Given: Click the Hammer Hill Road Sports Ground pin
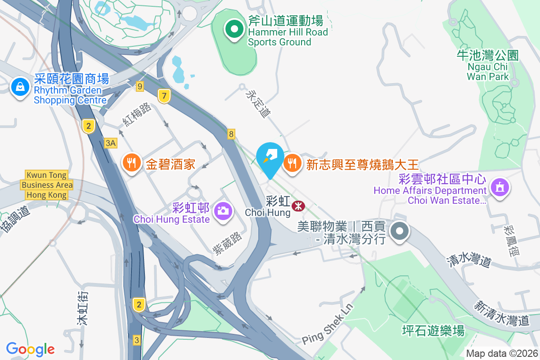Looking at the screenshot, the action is pos(234,30).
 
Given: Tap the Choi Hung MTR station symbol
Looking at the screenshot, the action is pos(298,206).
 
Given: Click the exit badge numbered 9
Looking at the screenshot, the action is pos(140,86).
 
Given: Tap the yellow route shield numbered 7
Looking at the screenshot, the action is pos(164,95).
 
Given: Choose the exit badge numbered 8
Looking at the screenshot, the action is pos(231,134).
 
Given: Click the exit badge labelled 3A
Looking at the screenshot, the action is pos(111,143).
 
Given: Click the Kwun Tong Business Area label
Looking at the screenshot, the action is pos(47,185).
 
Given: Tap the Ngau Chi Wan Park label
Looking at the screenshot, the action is pos(488,66).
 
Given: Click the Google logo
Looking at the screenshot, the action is pos(30,349).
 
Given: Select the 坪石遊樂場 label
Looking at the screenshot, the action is pos(433,331).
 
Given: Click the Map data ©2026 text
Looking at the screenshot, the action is pos(502,353).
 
